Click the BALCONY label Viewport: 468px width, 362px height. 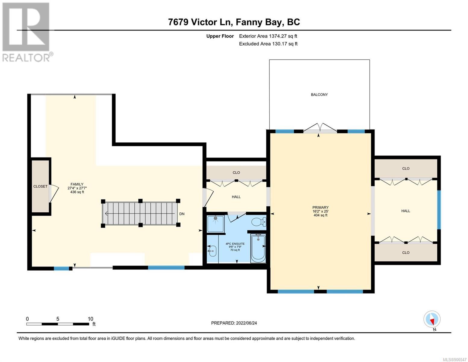pos(319,94)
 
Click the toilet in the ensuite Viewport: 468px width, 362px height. pos(259,222)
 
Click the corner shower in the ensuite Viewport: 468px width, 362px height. pos(215,224)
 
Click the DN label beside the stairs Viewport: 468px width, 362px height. pos(182,214)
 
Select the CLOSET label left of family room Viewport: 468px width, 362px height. pos(40,186)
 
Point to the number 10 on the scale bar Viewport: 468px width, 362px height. pos(90,319)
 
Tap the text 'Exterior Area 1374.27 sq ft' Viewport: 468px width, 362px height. pos(268,36)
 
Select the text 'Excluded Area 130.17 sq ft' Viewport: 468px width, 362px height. pos(268,44)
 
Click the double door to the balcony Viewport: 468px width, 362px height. pos(320,128)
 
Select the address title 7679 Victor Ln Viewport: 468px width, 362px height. pos(199,22)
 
